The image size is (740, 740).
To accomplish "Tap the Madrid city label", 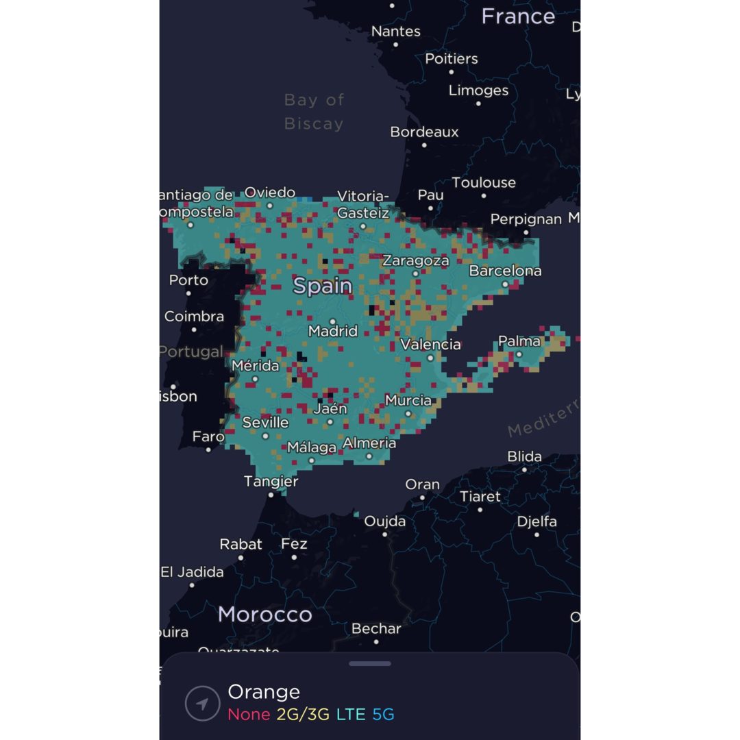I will (x=333, y=331).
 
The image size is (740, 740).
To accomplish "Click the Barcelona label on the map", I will (x=505, y=271).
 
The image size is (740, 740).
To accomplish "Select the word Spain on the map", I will (x=323, y=286).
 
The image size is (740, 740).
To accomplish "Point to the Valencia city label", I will (x=430, y=344).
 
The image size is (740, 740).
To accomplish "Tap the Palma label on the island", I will (x=519, y=341).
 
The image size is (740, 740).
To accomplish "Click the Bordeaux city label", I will (x=424, y=132).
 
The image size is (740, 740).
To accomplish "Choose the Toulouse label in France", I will (x=484, y=182).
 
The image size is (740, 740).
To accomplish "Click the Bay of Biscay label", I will (x=314, y=112).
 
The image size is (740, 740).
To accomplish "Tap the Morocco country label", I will (x=264, y=615).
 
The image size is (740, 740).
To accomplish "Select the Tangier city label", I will (x=271, y=482).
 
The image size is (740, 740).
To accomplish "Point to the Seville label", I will (x=265, y=423).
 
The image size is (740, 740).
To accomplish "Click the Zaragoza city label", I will (x=415, y=260).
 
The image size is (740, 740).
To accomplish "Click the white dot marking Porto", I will (x=189, y=293).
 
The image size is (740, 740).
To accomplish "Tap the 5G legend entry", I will (x=383, y=715).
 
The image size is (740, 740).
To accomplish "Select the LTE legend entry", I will (x=350, y=715).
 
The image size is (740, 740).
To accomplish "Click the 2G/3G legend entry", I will (x=304, y=715).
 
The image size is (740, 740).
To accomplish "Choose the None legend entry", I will (x=249, y=715).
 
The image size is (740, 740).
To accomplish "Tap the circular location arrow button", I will (x=203, y=704).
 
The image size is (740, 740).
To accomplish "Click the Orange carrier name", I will (x=264, y=692).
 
